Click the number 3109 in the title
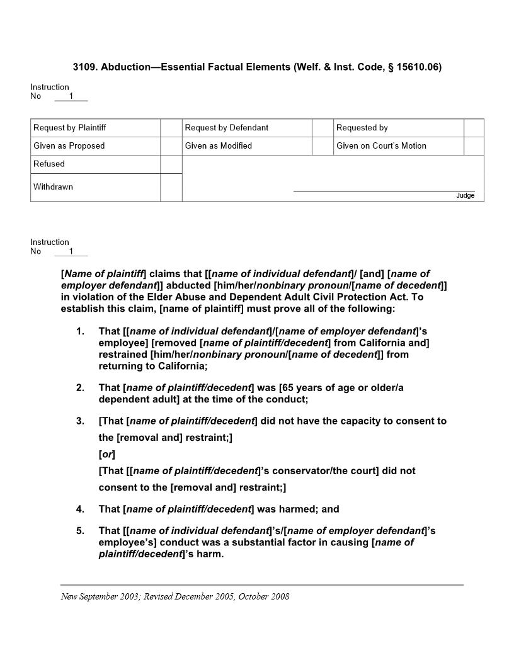[x=83, y=67]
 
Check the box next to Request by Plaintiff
[x=171, y=128]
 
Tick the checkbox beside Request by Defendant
[x=323, y=128]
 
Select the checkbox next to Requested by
[x=474, y=128]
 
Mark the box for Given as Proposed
[x=171, y=146]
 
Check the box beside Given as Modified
[x=323, y=146]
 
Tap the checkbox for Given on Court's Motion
[x=474, y=146]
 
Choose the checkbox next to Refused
[x=171, y=164]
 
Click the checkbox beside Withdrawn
[x=171, y=187]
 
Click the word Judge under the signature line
[x=465, y=196]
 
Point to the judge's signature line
[x=384, y=190]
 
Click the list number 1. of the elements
[x=80, y=331]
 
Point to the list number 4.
[x=80, y=509]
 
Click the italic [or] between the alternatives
[x=106, y=454]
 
